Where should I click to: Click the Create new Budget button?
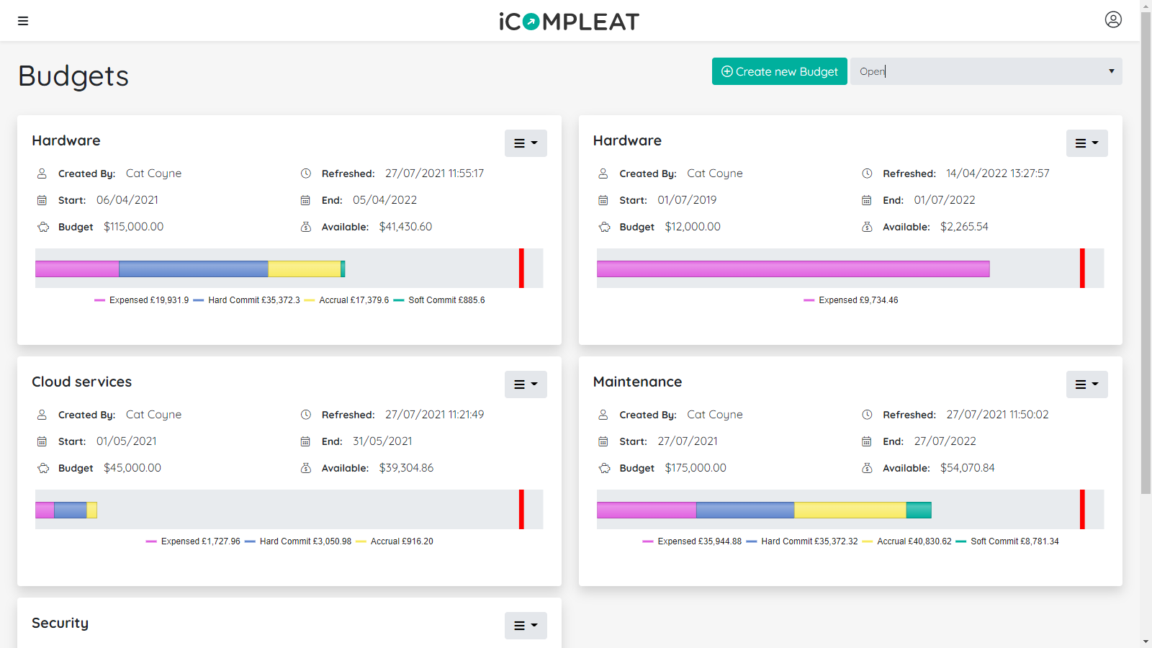click(x=779, y=71)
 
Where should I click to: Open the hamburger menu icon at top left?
click(x=23, y=21)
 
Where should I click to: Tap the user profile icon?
click(x=1113, y=19)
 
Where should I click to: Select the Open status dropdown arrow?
click(x=1111, y=71)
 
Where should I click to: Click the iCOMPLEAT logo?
click(x=569, y=22)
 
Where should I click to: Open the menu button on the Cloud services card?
click(x=526, y=384)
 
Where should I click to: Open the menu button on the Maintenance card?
click(x=1086, y=384)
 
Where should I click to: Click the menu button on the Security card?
click(x=526, y=626)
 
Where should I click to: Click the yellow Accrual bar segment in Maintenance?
click(x=850, y=510)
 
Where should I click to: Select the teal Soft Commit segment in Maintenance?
click(x=919, y=510)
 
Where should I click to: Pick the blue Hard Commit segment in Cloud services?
click(x=71, y=510)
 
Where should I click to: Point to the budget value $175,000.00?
click(x=696, y=468)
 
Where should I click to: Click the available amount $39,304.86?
click(x=406, y=468)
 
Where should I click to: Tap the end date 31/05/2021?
click(x=382, y=441)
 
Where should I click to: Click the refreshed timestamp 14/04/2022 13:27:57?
click(x=997, y=174)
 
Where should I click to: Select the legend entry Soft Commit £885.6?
click(x=446, y=300)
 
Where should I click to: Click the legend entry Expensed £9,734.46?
click(x=858, y=300)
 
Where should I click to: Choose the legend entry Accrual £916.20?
click(x=401, y=541)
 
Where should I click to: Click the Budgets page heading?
click(x=73, y=76)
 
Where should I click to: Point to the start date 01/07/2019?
click(x=687, y=200)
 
